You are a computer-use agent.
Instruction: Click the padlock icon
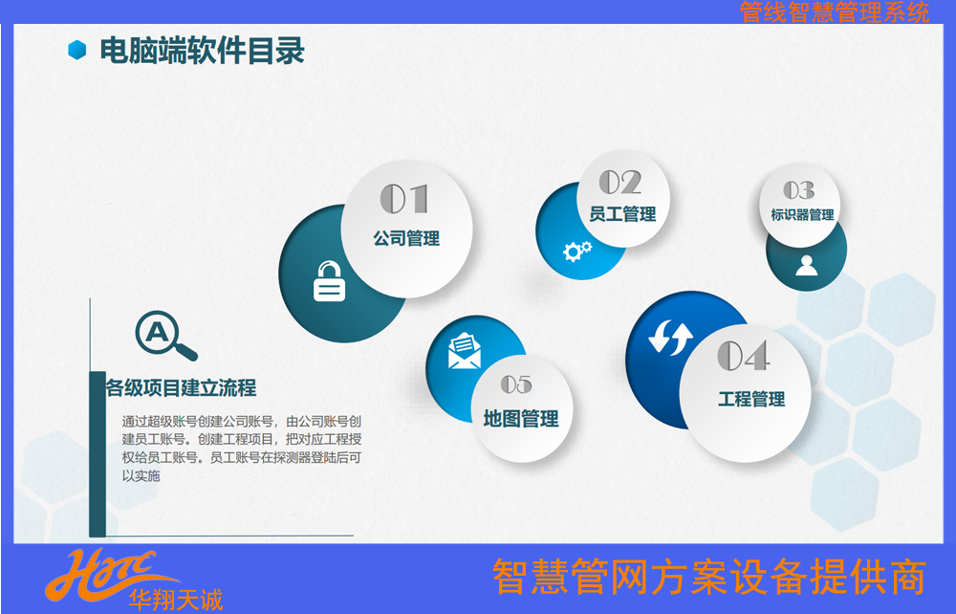(x=329, y=281)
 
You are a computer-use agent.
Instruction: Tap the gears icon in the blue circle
(x=576, y=251)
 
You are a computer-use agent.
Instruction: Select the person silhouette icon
(x=806, y=265)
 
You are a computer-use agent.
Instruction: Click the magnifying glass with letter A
(x=165, y=336)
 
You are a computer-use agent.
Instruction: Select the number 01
(x=404, y=199)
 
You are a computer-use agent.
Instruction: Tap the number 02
(x=620, y=182)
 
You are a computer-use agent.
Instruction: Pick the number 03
(x=798, y=190)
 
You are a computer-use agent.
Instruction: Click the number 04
(x=743, y=356)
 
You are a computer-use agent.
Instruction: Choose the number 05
(x=516, y=384)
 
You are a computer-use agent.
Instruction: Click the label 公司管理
(x=406, y=238)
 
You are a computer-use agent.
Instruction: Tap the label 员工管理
(x=622, y=214)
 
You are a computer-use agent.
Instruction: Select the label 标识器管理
(x=802, y=214)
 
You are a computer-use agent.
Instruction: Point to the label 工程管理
(x=751, y=399)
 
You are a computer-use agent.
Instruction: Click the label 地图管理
(x=521, y=419)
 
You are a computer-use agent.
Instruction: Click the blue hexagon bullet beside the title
(x=76, y=50)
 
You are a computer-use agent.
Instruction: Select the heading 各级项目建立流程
(x=181, y=387)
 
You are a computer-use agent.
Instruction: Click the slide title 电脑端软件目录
(x=202, y=51)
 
